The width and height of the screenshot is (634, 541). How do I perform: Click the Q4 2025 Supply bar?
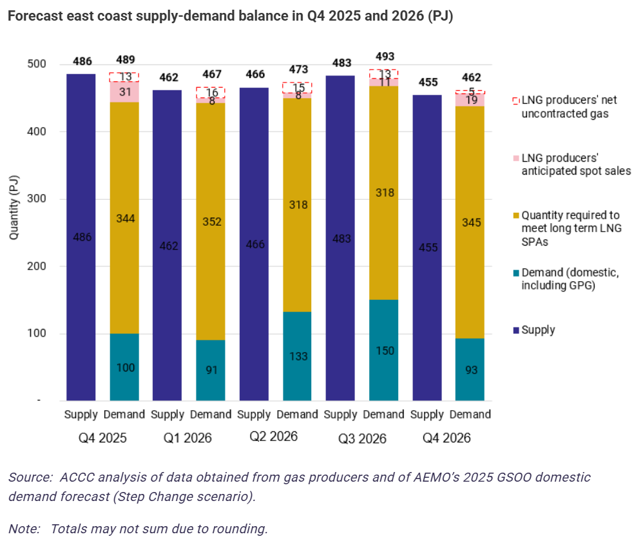tap(81, 237)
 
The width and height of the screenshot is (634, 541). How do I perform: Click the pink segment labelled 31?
tap(124, 92)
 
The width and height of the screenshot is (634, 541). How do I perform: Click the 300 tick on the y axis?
tap(37, 199)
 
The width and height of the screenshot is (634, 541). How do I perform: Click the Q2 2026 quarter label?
tap(274, 437)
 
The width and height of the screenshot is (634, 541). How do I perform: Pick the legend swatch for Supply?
tap(516, 331)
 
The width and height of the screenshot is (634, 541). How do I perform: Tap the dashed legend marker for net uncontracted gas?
tap(516, 101)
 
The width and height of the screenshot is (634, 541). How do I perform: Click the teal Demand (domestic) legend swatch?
tap(516, 273)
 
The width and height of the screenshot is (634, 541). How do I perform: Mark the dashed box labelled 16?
tap(211, 92)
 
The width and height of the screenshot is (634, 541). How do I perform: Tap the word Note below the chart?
tap(23, 529)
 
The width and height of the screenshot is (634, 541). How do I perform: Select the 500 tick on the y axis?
tap(37, 64)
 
